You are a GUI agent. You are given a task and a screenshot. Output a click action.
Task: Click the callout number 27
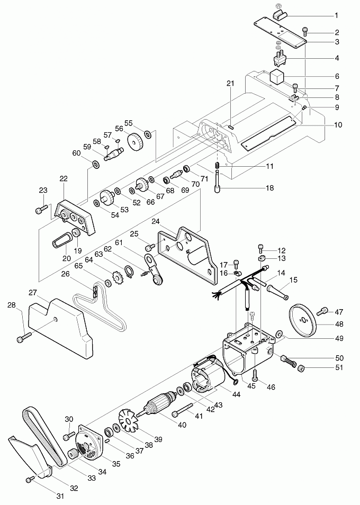point(33,293)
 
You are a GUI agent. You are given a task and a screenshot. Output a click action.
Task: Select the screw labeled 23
point(42,211)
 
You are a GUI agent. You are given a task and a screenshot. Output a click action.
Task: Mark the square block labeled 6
point(277,77)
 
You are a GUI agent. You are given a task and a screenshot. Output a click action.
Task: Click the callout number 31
point(59,495)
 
